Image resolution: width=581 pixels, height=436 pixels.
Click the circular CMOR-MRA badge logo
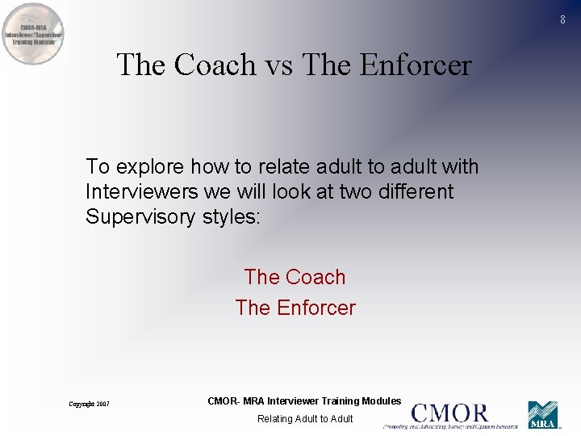[32, 34]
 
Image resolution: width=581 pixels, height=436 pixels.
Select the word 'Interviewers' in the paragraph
[136, 192]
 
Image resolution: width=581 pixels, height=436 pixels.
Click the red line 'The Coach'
[295, 277]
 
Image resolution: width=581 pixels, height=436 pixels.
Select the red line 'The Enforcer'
[295, 308]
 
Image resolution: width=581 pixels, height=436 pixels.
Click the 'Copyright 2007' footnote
[89, 404]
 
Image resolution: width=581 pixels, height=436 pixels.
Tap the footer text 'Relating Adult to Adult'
[305, 418]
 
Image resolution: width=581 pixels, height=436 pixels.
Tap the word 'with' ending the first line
[460, 167]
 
